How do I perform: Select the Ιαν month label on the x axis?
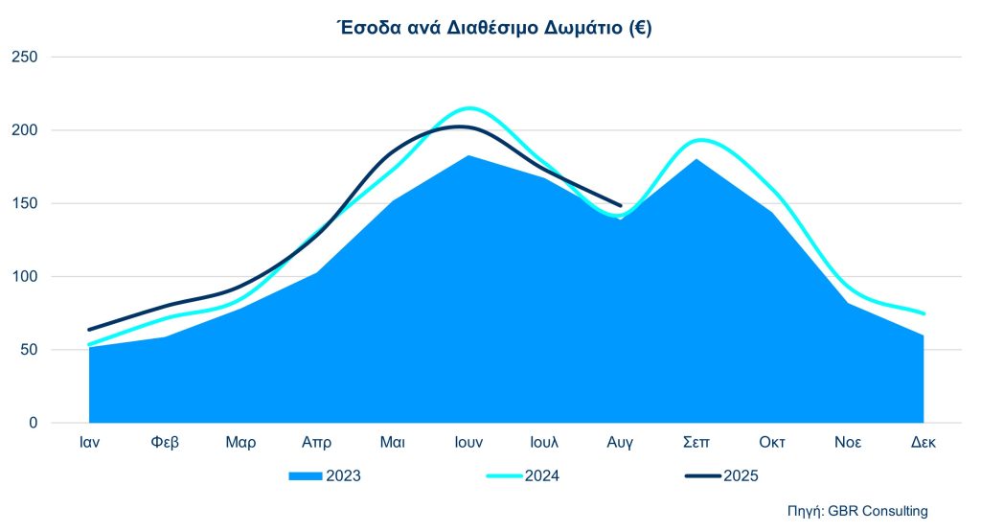click(89, 443)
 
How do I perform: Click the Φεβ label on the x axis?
click(165, 443)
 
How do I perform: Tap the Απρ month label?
click(316, 443)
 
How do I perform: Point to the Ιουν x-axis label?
click(468, 443)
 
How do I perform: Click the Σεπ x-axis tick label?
click(696, 443)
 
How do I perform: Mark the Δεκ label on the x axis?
click(924, 443)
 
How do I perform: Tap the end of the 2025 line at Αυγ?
click(621, 205)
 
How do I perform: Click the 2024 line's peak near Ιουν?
click(469, 108)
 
